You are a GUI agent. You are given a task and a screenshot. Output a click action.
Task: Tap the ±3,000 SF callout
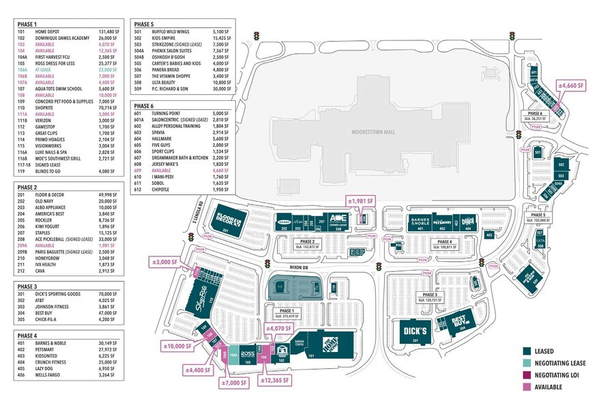pyautogui.click(x=164, y=262)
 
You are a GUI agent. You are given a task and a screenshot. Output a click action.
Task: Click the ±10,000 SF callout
pyautogui.click(x=177, y=346)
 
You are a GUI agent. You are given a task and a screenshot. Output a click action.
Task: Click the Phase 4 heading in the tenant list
pyautogui.click(x=27, y=336)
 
